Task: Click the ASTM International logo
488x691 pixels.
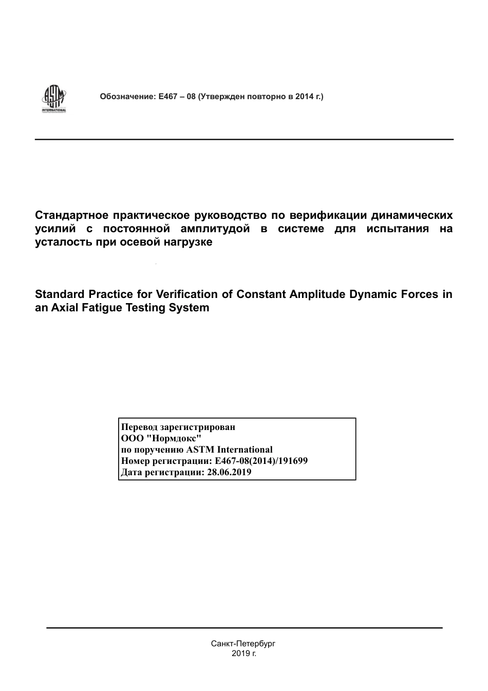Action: click(x=54, y=99)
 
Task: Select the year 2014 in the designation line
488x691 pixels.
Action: click(x=304, y=96)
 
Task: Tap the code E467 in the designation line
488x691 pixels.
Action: click(x=168, y=96)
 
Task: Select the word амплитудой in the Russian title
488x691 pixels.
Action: click(x=215, y=229)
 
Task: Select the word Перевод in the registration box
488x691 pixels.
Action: click(x=139, y=427)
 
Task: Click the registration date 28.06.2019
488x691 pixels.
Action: click(x=229, y=472)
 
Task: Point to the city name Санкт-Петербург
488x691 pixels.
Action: click(x=243, y=644)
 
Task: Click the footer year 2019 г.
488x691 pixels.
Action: click(x=243, y=653)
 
